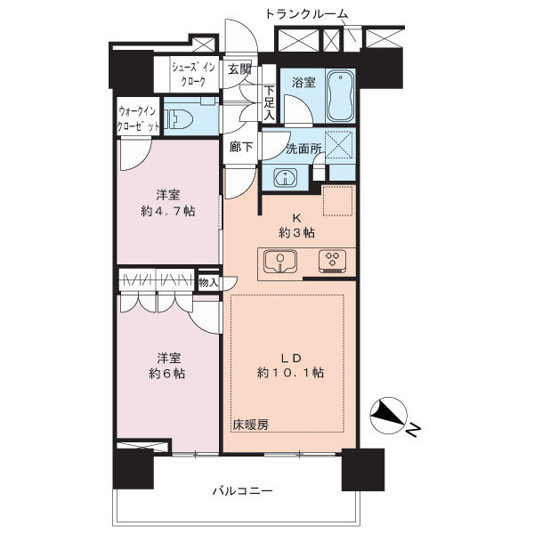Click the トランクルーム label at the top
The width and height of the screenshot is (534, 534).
tap(306, 12)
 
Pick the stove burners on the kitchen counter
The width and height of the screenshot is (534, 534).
tap(332, 261)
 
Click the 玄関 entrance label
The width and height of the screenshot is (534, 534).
tap(238, 69)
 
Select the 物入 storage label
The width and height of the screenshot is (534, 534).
tap(207, 281)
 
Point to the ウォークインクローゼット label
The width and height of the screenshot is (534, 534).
tap(140, 119)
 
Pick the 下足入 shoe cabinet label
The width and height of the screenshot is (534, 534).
tap(268, 101)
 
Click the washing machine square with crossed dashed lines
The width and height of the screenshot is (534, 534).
tap(339, 144)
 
